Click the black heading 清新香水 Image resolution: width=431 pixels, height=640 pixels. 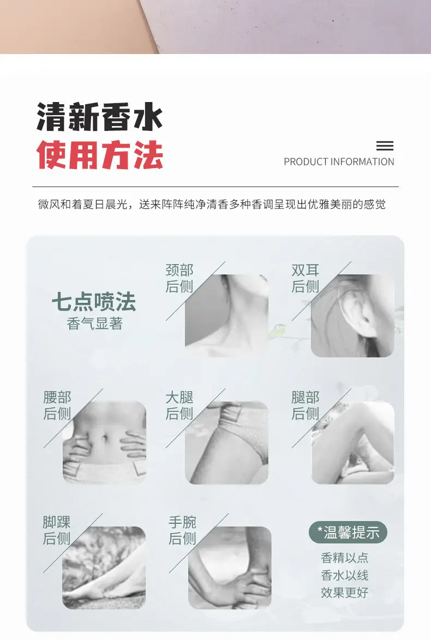(100, 117)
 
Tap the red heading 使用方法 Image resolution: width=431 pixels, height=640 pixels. (100, 155)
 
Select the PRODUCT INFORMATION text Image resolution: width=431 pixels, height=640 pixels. (339, 162)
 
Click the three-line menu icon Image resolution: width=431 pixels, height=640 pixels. (385, 146)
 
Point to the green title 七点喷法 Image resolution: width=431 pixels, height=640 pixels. (94, 302)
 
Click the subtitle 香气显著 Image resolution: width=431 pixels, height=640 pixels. (95, 324)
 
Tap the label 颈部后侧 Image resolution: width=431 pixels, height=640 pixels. (179, 278)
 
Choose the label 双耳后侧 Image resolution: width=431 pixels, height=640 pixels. (305, 278)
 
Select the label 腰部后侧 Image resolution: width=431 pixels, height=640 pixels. (57, 405)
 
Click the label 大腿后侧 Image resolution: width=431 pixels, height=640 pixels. (179, 405)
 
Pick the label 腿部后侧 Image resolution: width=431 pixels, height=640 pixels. (305, 405)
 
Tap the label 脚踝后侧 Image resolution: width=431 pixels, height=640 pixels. (57, 530)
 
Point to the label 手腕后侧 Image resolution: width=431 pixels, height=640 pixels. (182, 530)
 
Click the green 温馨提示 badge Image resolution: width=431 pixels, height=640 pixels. (348, 533)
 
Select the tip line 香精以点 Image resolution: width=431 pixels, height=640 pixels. (344, 558)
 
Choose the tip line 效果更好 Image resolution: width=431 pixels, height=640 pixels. (344, 592)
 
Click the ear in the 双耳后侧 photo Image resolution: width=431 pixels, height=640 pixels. (358, 312)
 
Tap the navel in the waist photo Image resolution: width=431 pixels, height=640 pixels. (105, 438)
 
